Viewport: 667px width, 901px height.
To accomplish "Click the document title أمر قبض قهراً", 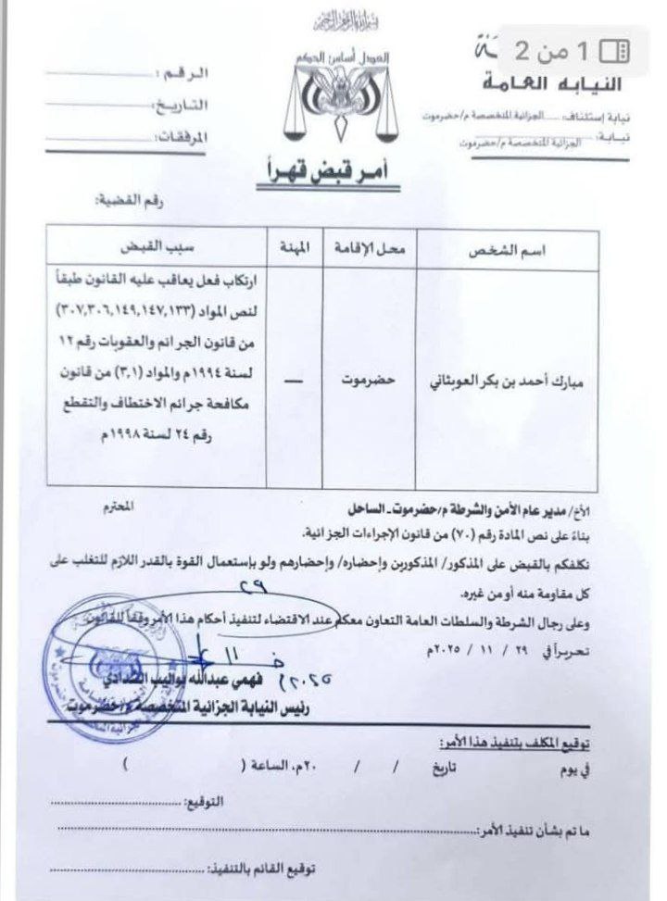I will [x=331, y=170].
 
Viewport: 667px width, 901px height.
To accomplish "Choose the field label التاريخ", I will [x=181, y=104].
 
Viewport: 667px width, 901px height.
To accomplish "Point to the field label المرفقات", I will [x=179, y=135].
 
